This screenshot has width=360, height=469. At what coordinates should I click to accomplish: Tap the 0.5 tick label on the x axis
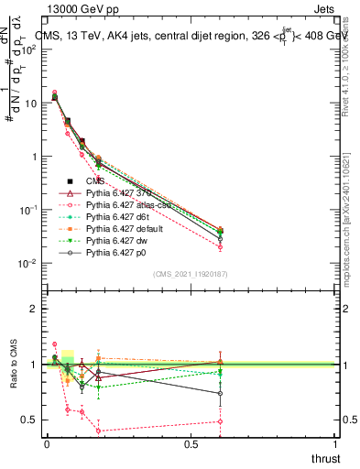191,443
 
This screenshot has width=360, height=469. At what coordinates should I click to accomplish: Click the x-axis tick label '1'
336,443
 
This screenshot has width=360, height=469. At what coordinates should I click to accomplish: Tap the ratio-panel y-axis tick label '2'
35,309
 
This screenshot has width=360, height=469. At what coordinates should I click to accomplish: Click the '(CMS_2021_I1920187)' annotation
190,274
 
